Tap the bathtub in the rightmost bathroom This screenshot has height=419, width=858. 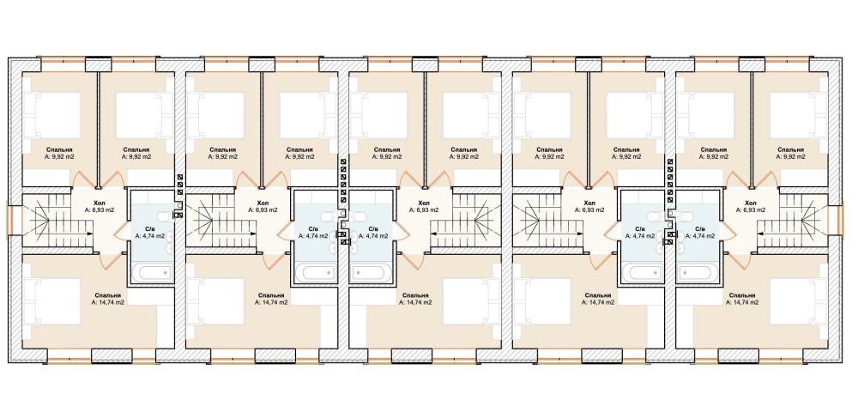click(697, 272)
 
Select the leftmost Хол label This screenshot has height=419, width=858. click(99, 203)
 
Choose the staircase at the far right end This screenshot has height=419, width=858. click(792, 219)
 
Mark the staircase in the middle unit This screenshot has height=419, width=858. click(465, 219)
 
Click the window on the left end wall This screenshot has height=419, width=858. click(9, 219)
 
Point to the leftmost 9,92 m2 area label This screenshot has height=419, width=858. click(60, 156)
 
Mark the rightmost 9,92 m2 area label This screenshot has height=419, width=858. click(791, 156)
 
